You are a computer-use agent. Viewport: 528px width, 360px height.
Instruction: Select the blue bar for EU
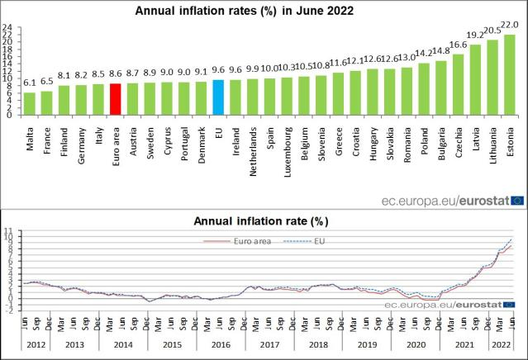pyautogui.click(x=219, y=97)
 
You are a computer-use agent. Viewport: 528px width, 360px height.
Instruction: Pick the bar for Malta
pyautogui.click(x=30, y=104)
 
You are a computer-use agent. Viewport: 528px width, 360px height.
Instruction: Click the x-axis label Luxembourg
pyautogui.click(x=288, y=149)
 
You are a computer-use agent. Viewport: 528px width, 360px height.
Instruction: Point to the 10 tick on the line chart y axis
pyautogui.click(x=7, y=236)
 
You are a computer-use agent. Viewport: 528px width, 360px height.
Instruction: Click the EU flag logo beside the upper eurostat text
pyautogui.click(x=517, y=199)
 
